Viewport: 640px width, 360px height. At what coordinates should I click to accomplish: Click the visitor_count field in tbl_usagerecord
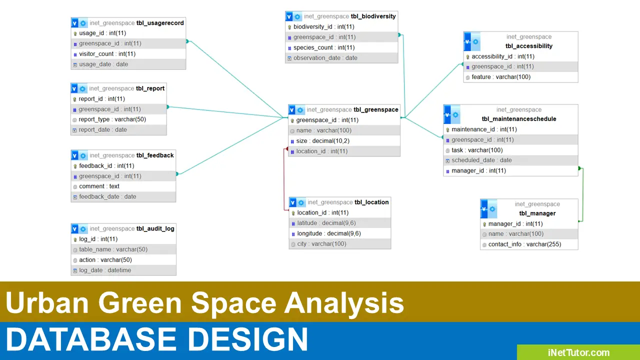(x=107, y=54)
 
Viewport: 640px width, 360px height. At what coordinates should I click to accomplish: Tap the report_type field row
(x=112, y=119)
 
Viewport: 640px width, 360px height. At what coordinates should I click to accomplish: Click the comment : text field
(x=99, y=186)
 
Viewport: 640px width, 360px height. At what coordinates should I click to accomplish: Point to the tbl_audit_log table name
(x=155, y=228)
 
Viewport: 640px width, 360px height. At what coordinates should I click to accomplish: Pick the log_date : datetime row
(x=105, y=270)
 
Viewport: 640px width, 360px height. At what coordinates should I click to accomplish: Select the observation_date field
(x=325, y=58)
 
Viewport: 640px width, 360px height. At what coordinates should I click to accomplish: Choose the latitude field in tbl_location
(x=326, y=223)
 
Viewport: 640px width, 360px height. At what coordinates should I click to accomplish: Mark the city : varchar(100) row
(x=321, y=244)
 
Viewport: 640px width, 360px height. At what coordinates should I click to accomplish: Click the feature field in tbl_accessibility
(x=501, y=77)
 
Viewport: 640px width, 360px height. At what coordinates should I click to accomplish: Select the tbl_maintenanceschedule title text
(x=519, y=119)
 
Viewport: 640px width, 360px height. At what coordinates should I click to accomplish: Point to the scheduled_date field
(x=481, y=160)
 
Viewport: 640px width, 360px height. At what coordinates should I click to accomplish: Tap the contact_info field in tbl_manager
(x=524, y=244)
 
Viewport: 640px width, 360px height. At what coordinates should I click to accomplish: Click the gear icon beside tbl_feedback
(x=83, y=155)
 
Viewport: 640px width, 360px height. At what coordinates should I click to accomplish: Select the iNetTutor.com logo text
(x=578, y=352)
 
